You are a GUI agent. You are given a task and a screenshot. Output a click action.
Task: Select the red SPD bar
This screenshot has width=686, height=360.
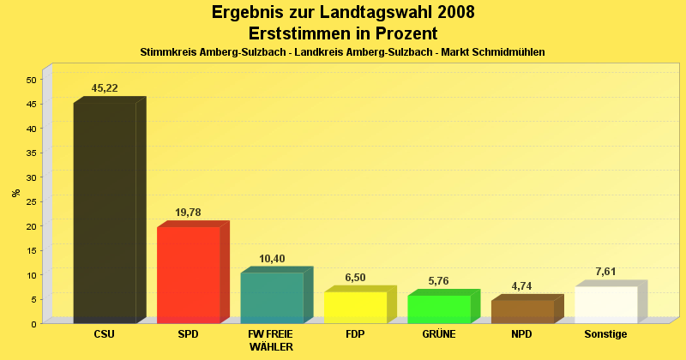point(188,274)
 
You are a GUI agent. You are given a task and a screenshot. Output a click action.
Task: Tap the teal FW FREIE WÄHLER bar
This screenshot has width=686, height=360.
point(272,297)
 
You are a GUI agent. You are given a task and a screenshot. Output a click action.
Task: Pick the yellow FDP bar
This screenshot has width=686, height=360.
point(355,307)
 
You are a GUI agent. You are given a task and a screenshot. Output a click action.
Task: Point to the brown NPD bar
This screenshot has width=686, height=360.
point(522,311)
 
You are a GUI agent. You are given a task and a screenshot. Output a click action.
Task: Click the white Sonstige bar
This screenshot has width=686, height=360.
point(606,304)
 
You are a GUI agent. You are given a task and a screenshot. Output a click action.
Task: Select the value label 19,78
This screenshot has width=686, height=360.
point(189,213)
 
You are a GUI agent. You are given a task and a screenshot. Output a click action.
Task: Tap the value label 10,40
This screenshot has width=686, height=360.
point(272,259)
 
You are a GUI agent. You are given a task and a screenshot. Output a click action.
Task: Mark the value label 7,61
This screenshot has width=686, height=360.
point(606,272)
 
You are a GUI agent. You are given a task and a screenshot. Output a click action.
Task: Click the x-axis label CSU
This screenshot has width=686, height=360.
point(105,334)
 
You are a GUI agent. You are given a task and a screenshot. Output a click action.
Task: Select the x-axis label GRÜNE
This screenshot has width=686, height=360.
point(439,334)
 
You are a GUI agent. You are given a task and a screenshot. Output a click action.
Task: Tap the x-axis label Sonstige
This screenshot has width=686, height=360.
point(605,334)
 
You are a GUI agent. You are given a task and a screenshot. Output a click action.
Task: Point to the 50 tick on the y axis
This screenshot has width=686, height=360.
point(31,80)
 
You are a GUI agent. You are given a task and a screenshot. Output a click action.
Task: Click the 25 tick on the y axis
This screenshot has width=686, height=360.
point(31,202)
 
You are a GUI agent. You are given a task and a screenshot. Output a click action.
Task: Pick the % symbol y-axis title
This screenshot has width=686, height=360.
point(15,193)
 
